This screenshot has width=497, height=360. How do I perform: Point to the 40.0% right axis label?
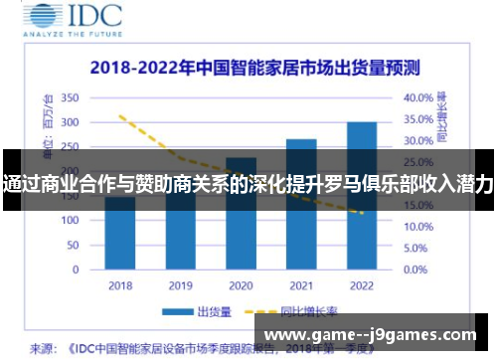(418, 98)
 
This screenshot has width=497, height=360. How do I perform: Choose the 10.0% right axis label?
(418, 227)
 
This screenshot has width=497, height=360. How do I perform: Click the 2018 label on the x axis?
(120, 284)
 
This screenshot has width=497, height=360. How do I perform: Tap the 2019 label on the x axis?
(180, 284)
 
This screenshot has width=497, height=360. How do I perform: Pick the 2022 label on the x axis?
(361, 284)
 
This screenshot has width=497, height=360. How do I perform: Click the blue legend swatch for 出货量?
(179, 312)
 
